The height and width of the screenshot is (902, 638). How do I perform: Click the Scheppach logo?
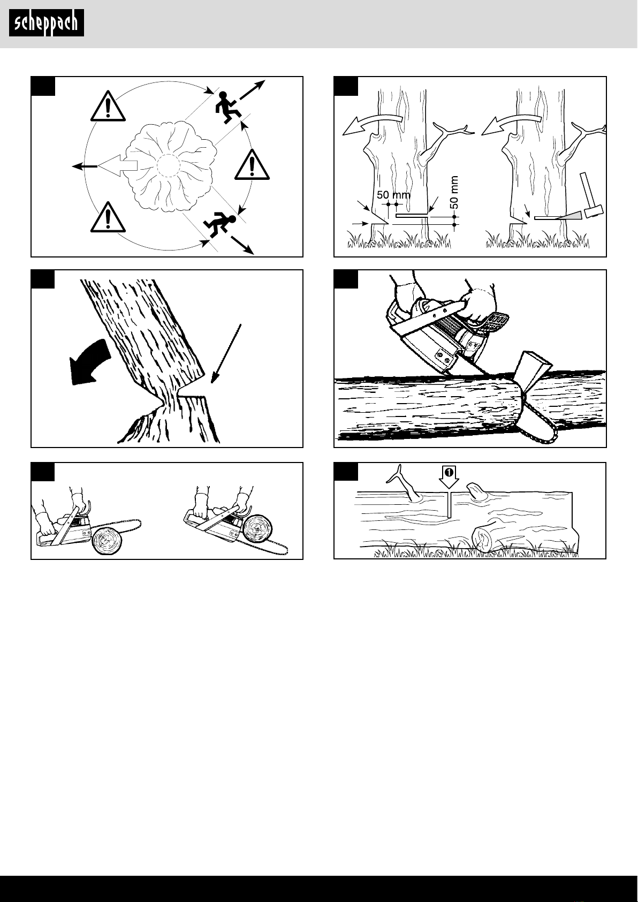pos(46,23)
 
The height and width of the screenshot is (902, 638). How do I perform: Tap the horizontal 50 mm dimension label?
pos(393,195)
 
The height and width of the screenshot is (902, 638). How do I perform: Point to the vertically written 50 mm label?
pos(454,192)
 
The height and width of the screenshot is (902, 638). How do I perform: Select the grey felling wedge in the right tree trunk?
pos(569,216)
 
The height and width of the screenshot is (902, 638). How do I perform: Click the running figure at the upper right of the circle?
pos(225,107)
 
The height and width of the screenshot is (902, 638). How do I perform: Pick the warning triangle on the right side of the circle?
pos(252,165)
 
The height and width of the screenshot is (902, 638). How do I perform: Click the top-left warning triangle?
pos(108,106)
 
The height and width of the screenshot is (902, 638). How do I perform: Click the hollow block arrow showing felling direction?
pos(117,165)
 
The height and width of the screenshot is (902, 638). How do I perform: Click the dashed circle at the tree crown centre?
pos(169,165)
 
